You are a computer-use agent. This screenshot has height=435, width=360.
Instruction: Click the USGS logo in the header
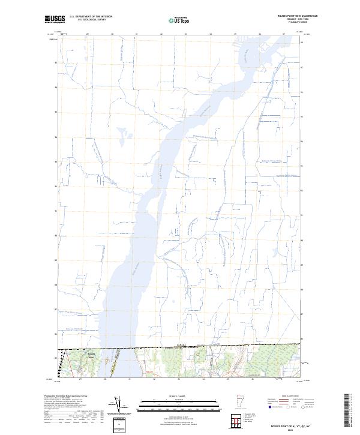(x=54, y=19)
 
